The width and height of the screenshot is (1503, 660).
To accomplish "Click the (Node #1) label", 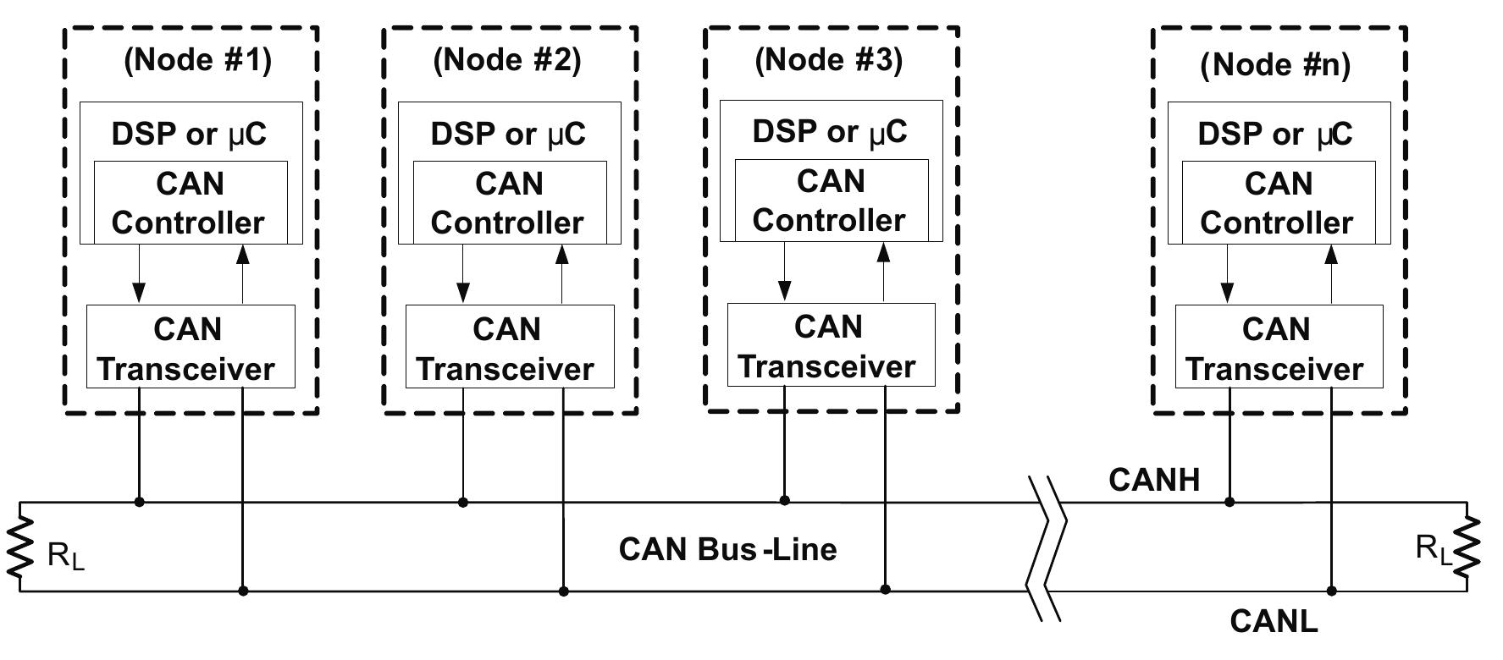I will tap(197, 60).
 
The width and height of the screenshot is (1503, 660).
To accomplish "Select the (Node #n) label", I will tap(1274, 64).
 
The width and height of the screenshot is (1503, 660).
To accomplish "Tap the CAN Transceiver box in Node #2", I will tap(509, 348).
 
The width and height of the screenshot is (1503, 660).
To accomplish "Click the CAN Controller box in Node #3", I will tap(830, 201).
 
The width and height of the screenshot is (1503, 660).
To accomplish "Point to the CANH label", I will tap(1153, 480).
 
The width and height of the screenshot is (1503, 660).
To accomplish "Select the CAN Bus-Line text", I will tap(727, 548).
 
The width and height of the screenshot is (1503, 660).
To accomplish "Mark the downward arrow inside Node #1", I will tap(140, 275).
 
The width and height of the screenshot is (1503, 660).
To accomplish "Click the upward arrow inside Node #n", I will tap(1331, 273).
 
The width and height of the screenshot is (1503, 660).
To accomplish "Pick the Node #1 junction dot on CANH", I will tap(140, 502).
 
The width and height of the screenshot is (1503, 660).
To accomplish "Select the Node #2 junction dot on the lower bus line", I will tap(563, 591).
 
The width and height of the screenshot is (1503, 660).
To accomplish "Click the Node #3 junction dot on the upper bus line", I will tap(784, 501).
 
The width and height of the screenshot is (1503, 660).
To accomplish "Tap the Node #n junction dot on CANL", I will tap(1331, 591).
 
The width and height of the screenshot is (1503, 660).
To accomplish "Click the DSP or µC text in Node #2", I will tap(508, 134).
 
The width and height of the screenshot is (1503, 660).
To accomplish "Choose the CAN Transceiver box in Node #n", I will tap(1278, 348).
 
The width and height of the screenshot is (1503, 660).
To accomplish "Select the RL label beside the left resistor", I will tap(66, 558).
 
